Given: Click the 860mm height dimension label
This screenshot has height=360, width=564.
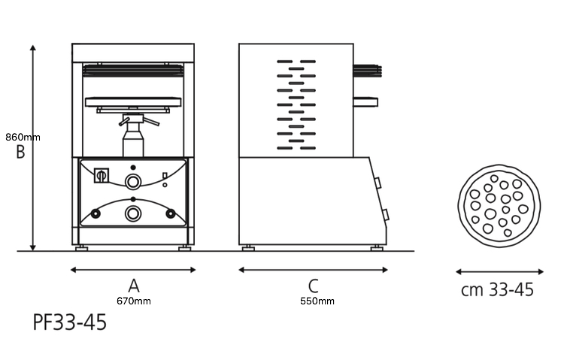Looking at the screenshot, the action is [x=23, y=137].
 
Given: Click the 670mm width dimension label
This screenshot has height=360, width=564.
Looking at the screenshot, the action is [x=134, y=301].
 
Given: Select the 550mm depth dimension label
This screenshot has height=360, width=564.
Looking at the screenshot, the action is [x=317, y=301].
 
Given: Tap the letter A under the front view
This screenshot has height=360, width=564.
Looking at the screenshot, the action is [x=134, y=286].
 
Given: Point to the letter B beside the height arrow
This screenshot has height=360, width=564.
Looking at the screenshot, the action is [x=20, y=151].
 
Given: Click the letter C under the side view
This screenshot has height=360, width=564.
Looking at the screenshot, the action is [x=314, y=286].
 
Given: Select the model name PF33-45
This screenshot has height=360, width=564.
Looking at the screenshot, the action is [x=70, y=322].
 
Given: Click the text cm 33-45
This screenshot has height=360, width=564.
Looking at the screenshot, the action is [x=498, y=289].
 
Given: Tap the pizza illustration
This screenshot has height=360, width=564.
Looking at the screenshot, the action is [x=499, y=206].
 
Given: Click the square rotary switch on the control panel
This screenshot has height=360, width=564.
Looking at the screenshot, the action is [x=102, y=176].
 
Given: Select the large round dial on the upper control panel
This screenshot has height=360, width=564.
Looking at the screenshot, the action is [x=132, y=182].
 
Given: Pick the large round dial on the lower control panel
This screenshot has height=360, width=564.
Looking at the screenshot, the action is [x=132, y=213].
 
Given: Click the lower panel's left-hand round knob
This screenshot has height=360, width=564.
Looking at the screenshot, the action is [x=96, y=213].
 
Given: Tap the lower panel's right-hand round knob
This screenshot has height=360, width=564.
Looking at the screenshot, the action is [x=171, y=213].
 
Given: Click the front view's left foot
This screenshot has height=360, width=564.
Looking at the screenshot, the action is [x=81, y=248].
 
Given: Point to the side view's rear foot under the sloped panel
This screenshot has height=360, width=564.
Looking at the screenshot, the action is [x=377, y=248].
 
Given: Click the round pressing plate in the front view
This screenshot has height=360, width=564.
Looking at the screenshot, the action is [x=133, y=101].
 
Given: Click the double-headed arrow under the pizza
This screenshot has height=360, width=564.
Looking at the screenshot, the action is [x=499, y=272].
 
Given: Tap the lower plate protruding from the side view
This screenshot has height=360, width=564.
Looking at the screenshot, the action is [x=365, y=101].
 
